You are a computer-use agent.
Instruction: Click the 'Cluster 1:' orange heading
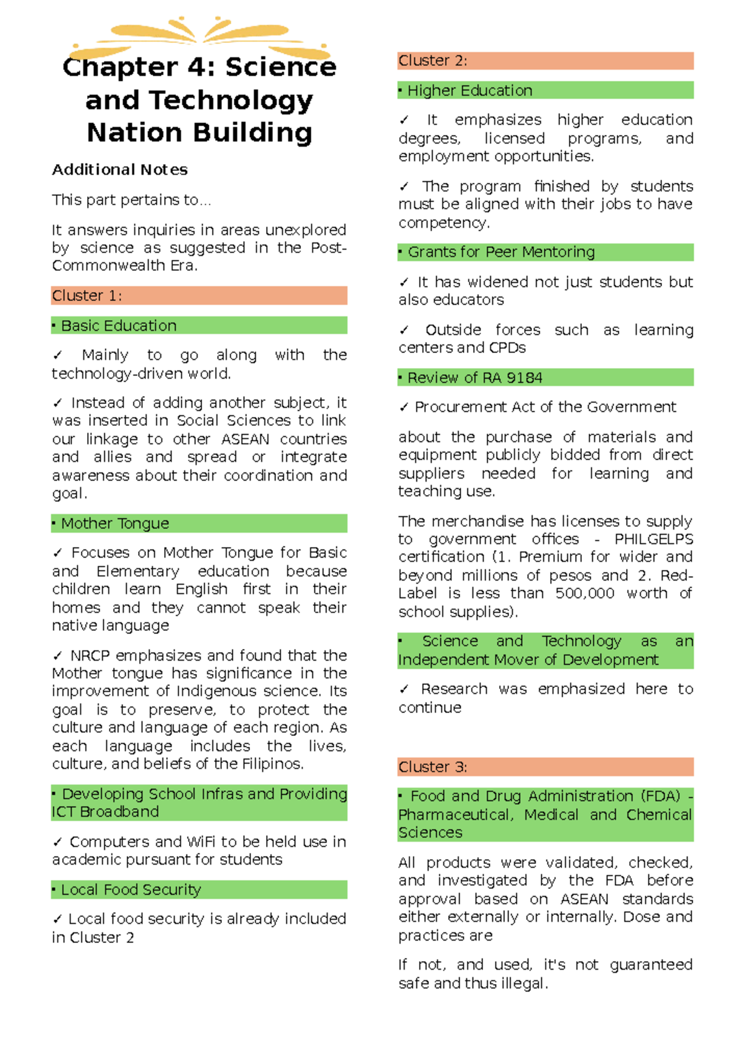[87, 295]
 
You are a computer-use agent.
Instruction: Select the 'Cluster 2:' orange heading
[433, 61]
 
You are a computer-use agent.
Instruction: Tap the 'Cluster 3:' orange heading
[433, 766]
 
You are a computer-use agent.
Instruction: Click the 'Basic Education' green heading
[118, 325]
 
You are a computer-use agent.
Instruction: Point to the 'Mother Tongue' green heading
[114, 523]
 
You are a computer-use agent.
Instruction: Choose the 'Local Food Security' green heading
[131, 890]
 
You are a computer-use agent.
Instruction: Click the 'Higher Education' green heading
[469, 91]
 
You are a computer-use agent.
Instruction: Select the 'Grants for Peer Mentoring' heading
[501, 252]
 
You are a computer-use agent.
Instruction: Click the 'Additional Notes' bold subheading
[119, 170]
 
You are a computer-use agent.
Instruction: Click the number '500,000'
[584, 593]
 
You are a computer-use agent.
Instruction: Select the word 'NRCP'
[90, 655]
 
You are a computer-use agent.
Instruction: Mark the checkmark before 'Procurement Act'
[404, 407]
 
